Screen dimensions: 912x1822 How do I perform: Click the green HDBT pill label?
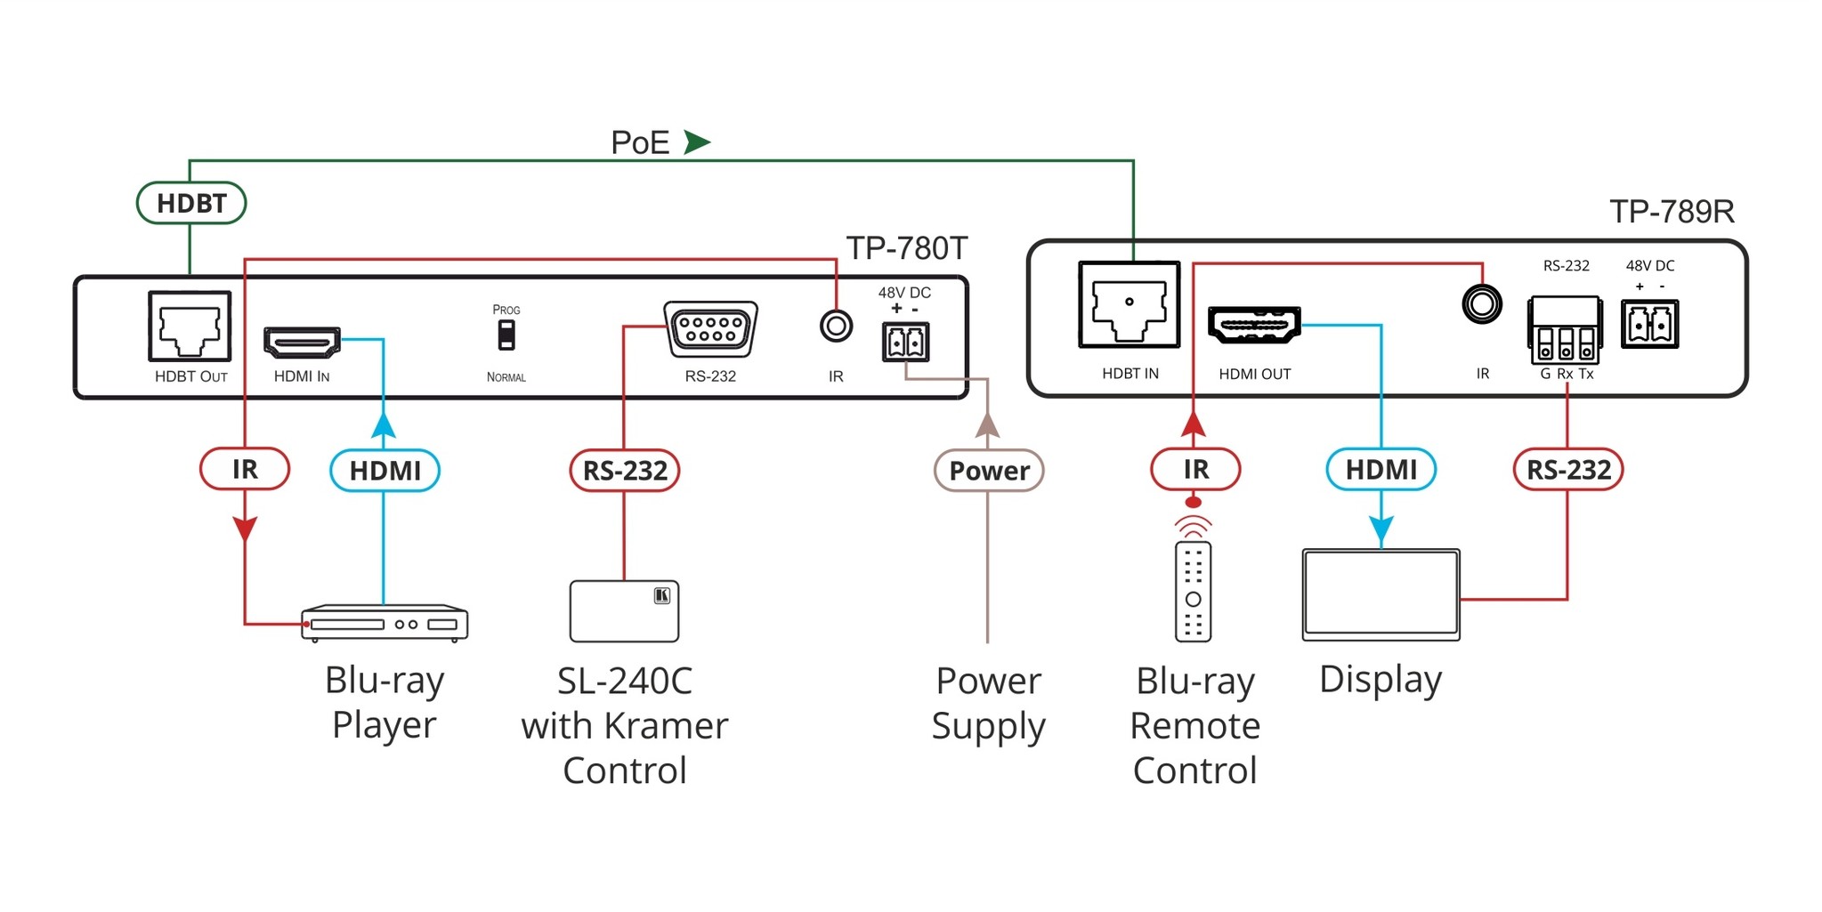pos(190,203)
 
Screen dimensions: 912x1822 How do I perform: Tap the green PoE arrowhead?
pos(696,142)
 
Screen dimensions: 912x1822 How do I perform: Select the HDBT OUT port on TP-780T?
pos(190,327)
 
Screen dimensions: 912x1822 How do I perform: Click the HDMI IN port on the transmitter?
pos(302,343)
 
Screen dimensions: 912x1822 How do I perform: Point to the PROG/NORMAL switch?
pos(506,335)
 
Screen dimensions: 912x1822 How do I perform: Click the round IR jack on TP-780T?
pos(836,327)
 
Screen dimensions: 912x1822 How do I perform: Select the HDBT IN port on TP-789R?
pos(1129,304)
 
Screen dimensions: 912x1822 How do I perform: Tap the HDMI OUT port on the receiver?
pos(1254,326)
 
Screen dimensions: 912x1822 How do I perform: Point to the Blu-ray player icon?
pos(385,623)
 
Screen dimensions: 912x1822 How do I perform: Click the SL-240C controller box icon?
pos(624,611)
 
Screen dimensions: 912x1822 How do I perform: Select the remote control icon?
pos(1193,590)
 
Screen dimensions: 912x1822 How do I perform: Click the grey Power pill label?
pos(988,470)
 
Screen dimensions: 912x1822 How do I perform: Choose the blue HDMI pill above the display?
pos(1381,469)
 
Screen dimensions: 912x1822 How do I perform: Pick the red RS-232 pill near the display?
pos(1568,469)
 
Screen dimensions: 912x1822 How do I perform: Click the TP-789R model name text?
pos(1672,212)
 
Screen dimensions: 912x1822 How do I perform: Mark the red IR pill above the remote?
pos(1195,469)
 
